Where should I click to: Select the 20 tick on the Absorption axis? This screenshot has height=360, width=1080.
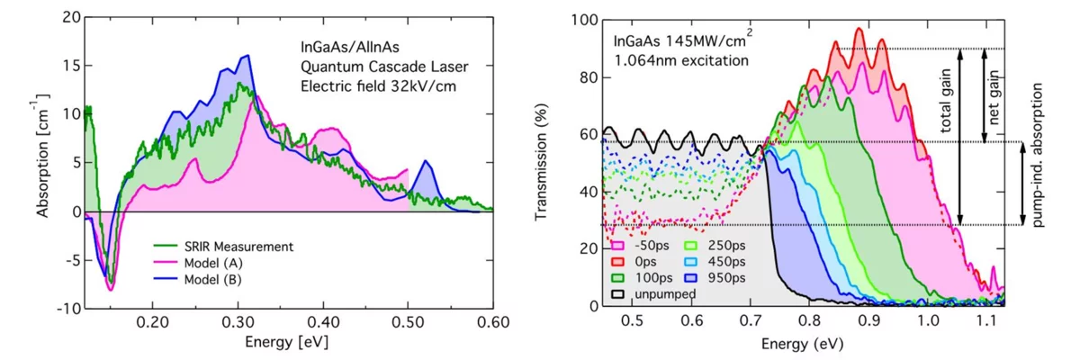pos(69,18)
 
